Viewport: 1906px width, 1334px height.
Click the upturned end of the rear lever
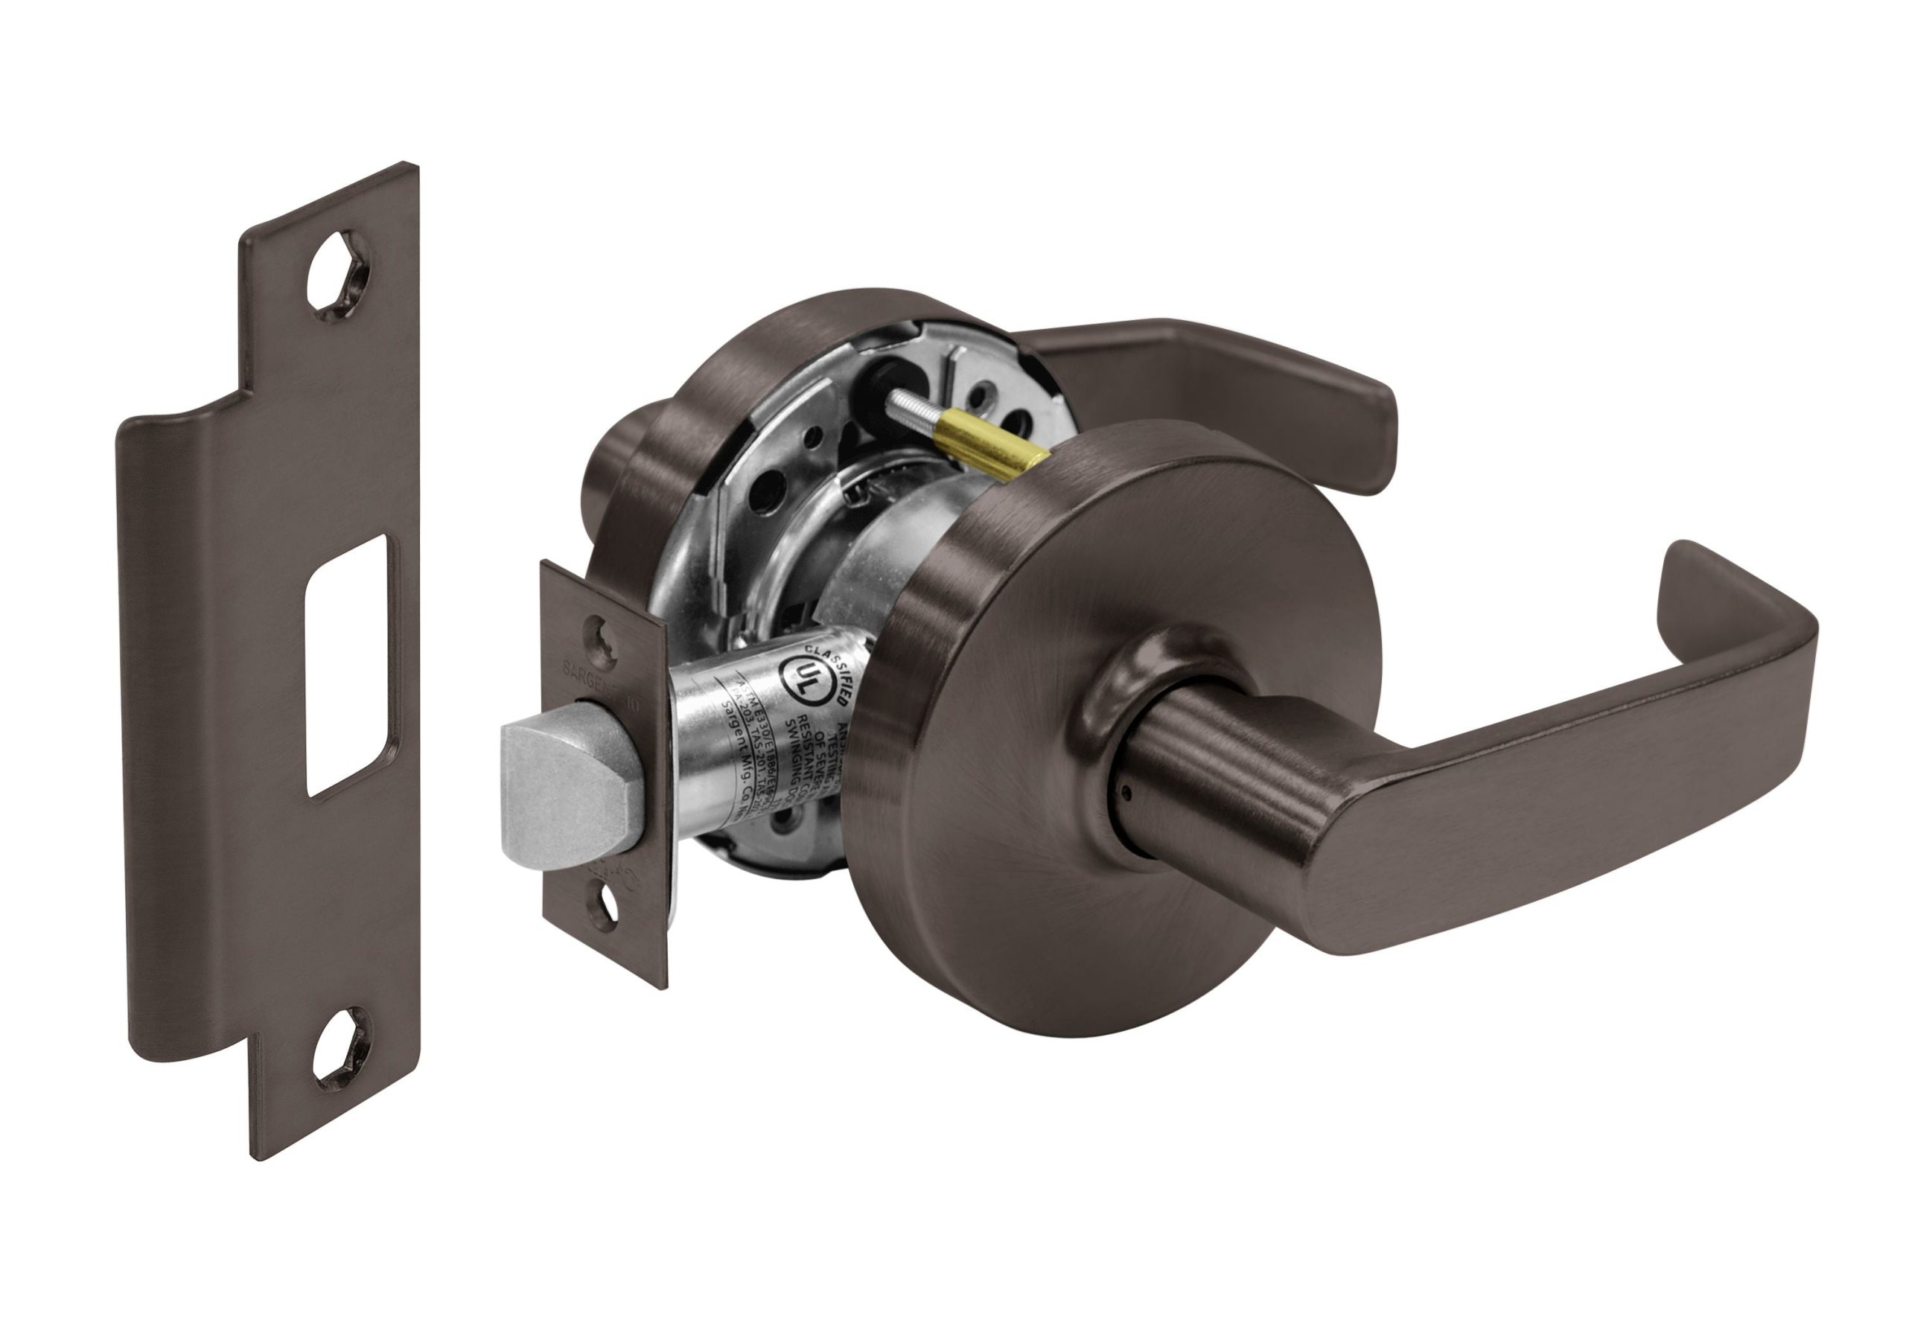click(1362, 415)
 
